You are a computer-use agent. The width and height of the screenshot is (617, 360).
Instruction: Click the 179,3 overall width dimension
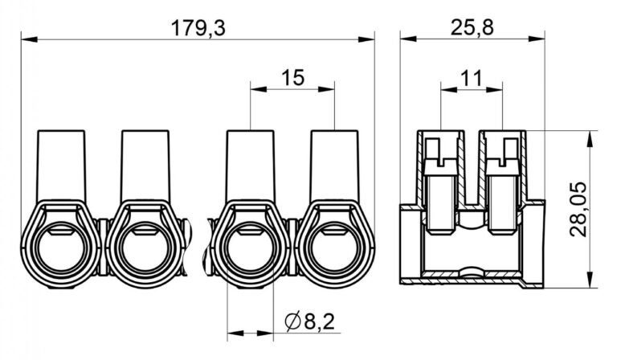pyautogui.click(x=198, y=28)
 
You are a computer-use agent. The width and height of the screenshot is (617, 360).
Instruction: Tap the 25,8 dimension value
pyautogui.click(x=472, y=28)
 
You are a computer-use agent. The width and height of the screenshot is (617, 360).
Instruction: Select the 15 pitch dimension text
pyautogui.click(x=292, y=78)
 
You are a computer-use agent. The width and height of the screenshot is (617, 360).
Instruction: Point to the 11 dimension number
pyautogui.click(x=471, y=79)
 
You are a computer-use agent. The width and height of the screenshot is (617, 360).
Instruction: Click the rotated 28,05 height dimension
pyautogui.click(x=578, y=209)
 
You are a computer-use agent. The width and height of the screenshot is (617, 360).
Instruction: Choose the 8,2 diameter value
pyautogui.click(x=319, y=322)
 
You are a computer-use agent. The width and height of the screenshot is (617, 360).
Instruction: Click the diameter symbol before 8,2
pyautogui.click(x=292, y=322)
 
